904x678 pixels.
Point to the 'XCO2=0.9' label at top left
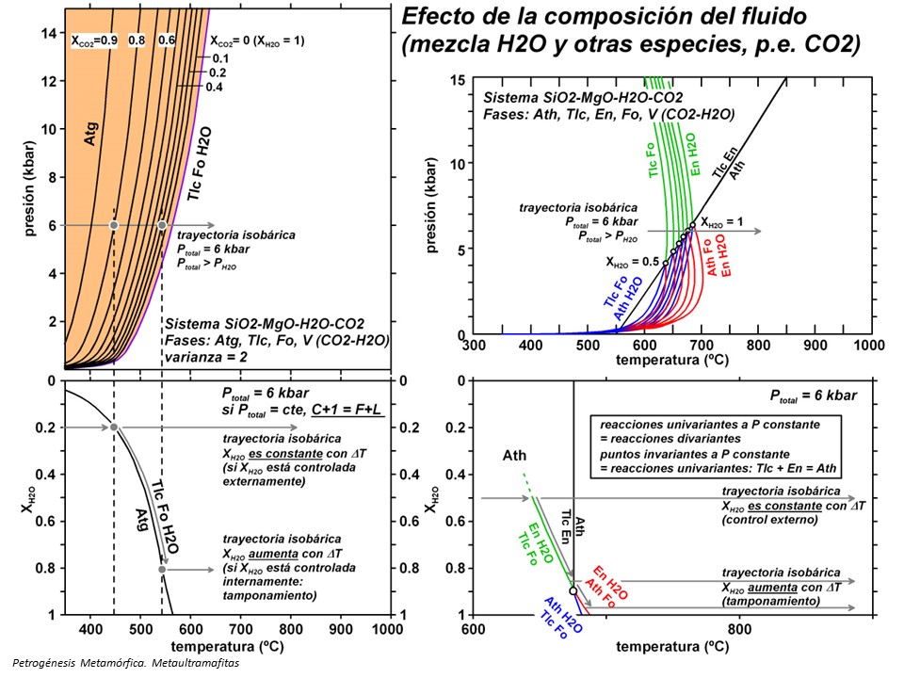pyautogui.click(x=94, y=40)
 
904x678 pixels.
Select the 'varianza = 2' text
pyautogui.click(x=209, y=357)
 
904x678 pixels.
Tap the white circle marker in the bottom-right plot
pyautogui.click(x=573, y=591)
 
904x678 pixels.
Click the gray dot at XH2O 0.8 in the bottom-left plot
pyautogui.click(x=162, y=569)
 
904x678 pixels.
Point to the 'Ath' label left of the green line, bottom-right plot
pyautogui.click(x=514, y=456)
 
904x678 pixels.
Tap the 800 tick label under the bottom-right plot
pyautogui.click(x=739, y=628)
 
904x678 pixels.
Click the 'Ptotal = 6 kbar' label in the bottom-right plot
pyautogui.click(x=814, y=395)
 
